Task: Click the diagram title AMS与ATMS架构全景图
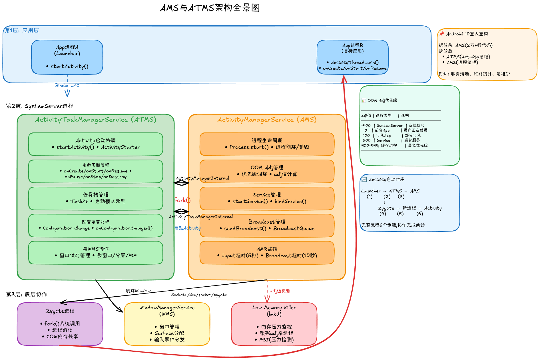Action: coord(210,8)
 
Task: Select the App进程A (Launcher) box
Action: coord(67,57)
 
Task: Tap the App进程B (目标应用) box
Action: coord(353,57)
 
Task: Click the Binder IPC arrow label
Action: coord(67,85)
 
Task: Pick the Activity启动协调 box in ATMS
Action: coord(96,144)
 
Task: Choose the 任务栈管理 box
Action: coord(96,198)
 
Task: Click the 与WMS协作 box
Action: coord(96,252)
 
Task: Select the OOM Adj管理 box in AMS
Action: coord(267,171)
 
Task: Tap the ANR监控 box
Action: coord(267,252)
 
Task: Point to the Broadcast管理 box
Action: coord(267,225)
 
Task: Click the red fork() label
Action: coord(182,200)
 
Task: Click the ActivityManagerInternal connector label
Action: coord(202,178)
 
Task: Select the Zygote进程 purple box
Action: coord(60,324)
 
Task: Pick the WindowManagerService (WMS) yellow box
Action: coord(167,324)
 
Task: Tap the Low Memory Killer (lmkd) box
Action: coord(274,324)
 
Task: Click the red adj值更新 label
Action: coord(280,291)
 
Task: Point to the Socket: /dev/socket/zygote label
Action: coord(199,295)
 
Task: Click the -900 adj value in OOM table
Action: coord(366,125)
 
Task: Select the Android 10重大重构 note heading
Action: coord(467,34)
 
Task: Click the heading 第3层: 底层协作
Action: coord(27,294)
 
